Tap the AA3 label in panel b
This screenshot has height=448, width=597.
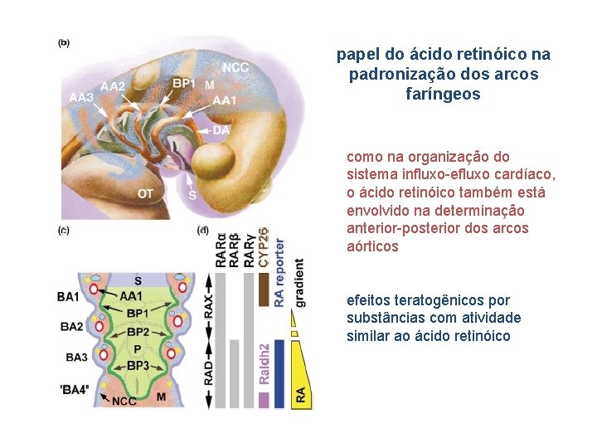point(81,99)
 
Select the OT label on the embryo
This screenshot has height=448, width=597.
point(145,194)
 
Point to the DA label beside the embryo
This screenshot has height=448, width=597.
point(221,130)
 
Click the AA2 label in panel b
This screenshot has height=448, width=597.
point(113,86)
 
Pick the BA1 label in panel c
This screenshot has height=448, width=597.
point(69,296)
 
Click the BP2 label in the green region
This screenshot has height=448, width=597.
point(138,332)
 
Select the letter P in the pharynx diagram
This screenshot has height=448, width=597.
point(137,349)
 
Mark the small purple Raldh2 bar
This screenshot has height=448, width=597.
point(264,400)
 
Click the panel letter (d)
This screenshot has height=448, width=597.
point(202,230)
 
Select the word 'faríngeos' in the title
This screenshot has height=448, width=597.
point(444,95)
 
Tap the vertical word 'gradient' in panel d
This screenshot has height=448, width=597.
point(298,283)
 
